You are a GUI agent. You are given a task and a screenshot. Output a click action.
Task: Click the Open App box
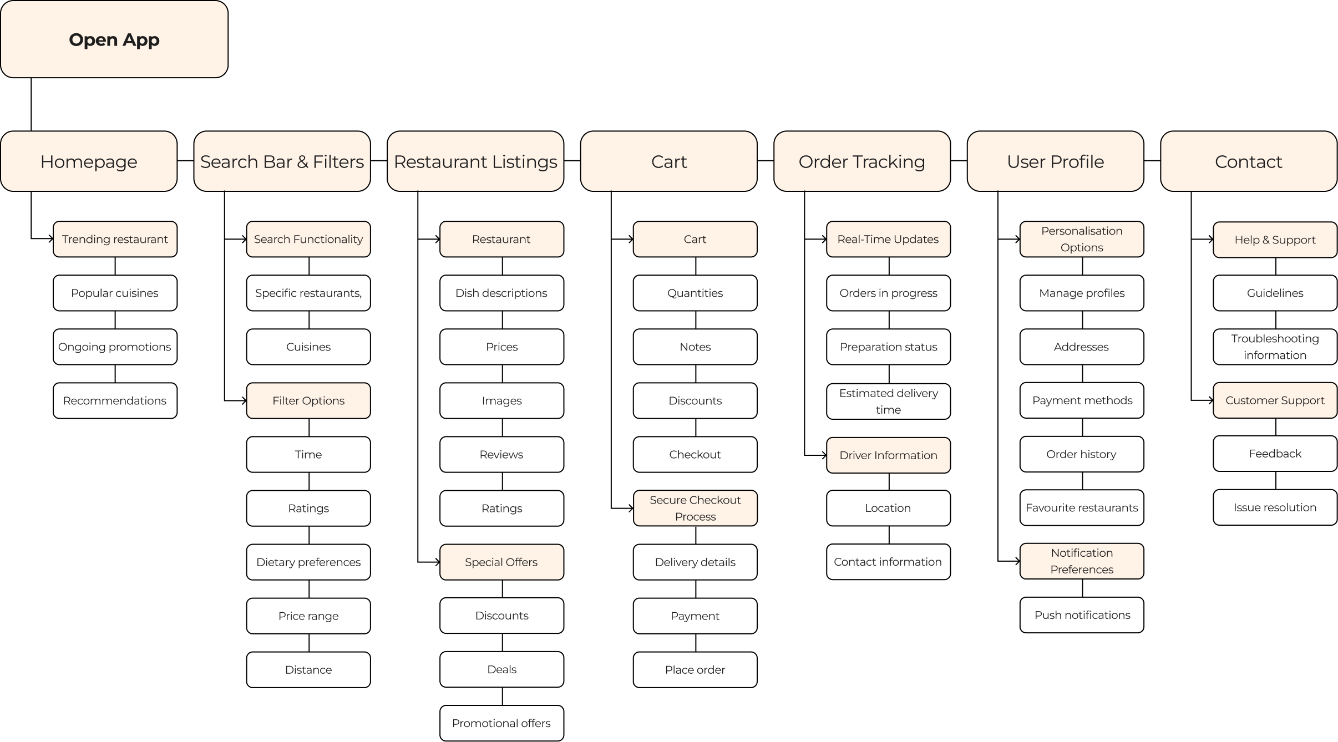(114, 39)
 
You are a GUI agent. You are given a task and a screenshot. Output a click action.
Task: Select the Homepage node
(89, 161)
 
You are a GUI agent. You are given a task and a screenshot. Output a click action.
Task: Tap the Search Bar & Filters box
(282, 161)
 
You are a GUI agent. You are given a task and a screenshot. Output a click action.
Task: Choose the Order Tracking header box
(861, 161)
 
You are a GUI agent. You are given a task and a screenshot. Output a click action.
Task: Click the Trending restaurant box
(115, 239)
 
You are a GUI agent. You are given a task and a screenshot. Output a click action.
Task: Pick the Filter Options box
(308, 400)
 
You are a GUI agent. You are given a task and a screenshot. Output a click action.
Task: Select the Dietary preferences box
(308, 562)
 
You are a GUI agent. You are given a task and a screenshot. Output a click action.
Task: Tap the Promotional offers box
(501, 723)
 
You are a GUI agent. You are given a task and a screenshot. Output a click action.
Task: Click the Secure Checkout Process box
(695, 508)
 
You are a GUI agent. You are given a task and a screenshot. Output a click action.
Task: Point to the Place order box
(695, 669)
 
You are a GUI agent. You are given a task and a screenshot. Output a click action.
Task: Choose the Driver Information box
(888, 455)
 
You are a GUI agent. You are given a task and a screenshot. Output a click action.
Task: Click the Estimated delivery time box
(888, 402)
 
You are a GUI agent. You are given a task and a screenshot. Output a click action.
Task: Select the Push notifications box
(1082, 615)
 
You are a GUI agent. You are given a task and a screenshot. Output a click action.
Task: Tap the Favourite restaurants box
(1082, 507)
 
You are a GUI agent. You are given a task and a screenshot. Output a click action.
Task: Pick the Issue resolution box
(1275, 507)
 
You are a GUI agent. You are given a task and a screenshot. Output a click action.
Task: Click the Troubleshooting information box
(1275, 347)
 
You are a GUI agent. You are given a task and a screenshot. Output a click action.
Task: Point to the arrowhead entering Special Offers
(437, 562)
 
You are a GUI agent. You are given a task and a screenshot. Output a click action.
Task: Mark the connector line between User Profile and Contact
(1152, 161)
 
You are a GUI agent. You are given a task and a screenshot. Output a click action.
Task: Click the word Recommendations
(115, 400)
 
